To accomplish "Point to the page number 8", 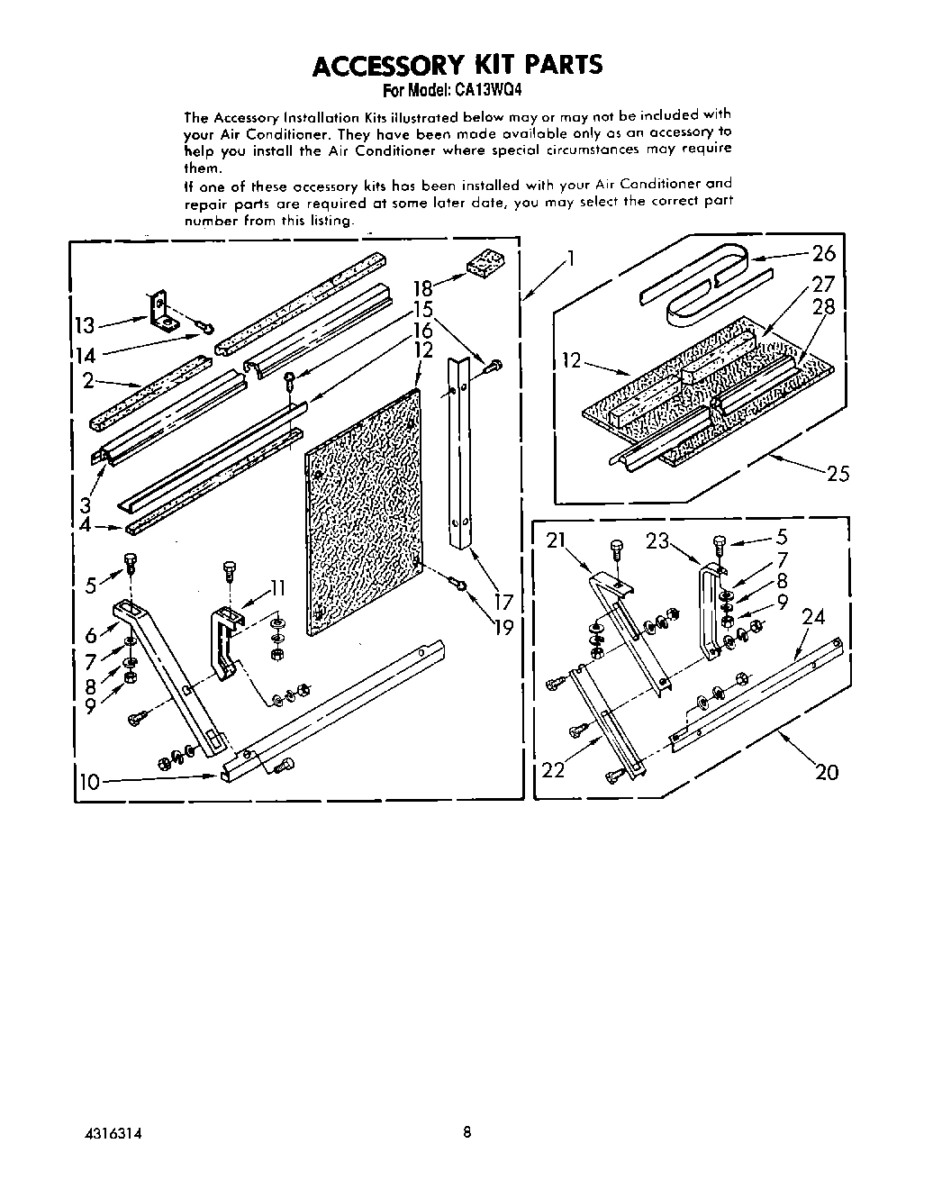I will coord(466,1132).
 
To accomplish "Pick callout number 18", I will coord(422,288).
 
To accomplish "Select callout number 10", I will coord(89,782).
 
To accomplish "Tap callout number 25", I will coord(838,472).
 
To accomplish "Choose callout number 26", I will coord(823,254).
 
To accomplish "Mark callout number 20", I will coord(826,771).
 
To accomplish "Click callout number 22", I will coord(554,770).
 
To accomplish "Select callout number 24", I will coord(813,617).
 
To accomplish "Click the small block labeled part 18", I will coord(485,264).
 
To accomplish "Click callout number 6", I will coord(91,636).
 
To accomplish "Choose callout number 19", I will coord(504,627).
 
